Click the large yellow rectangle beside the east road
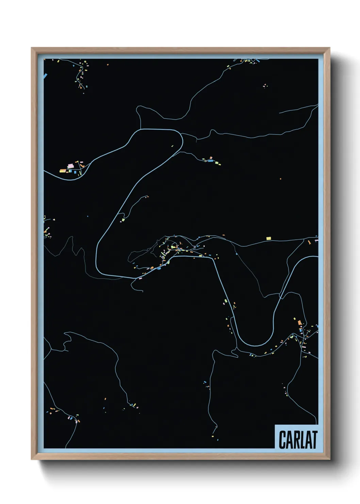click(268, 238)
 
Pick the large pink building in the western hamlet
click(70, 166)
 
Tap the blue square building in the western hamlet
click(70, 171)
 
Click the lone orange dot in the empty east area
click(280, 178)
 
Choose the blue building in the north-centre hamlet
click(211, 160)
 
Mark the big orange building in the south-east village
click(299, 322)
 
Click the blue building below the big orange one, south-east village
click(300, 330)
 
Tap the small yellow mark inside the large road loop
click(172, 146)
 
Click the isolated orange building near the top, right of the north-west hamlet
click(108, 64)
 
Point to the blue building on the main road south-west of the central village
click(159, 268)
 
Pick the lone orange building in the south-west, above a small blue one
click(105, 398)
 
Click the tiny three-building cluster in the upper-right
click(265, 86)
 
